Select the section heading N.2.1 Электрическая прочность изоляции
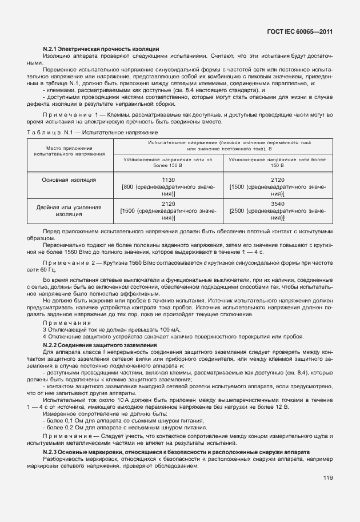pos(101,48)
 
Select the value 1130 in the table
pos(168,180)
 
